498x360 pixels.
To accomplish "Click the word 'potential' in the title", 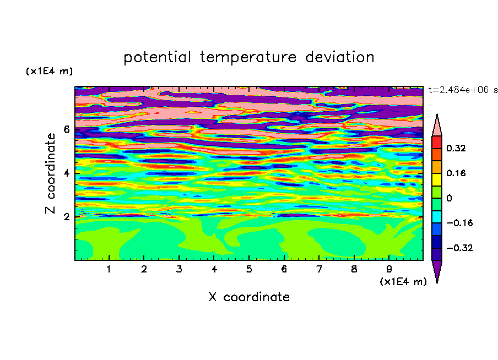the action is tap(157, 57).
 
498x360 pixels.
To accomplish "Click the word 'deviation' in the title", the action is tap(340, 57).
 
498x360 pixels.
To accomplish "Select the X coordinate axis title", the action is tap(249, 297).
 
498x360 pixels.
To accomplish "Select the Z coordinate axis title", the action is tap(50, 173).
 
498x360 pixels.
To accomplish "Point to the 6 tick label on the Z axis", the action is tap(66, 129).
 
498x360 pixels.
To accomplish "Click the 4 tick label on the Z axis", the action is tap(66, 173).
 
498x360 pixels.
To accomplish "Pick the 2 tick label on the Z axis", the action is tap(66, 217).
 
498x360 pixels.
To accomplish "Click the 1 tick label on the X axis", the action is tap(109, 269).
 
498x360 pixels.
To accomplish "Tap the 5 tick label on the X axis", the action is tap(249, 269).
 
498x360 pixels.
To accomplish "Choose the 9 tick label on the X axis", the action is tap(389, 269).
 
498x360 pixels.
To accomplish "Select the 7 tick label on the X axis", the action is tap(319, 269).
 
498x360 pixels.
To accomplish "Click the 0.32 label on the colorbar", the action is tap(456, 148).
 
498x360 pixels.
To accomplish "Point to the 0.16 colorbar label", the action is tap(456, 173).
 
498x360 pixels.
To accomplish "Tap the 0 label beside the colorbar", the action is tap(449, 198).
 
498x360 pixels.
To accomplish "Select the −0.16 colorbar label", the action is tap(459, 223).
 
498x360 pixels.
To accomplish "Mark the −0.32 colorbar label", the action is tap(459, 248).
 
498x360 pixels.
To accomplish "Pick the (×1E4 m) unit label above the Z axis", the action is tap(49, 71).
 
